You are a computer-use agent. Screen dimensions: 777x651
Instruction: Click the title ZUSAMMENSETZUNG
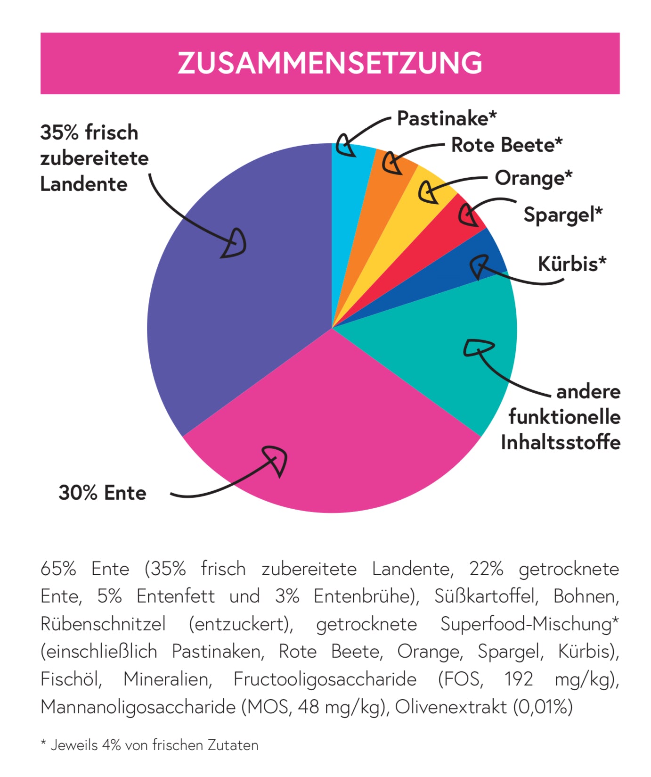click(330, 63)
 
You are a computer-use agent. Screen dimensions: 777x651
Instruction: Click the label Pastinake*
click(447, 118)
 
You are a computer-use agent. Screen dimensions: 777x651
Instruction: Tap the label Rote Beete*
click(507, 145)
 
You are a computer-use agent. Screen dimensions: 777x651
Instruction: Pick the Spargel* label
click(563, 215)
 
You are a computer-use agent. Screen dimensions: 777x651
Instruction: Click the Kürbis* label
click(572, 264)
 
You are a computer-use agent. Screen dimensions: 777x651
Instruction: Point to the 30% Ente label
click(102, 493)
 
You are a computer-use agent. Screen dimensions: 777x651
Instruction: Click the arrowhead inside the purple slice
click(234, 244)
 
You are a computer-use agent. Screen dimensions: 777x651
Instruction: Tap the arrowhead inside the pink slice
click(276, 460)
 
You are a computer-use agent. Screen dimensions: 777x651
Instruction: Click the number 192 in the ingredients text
click(519, 679)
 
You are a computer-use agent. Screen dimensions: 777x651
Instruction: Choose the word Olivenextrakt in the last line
click(451, 707)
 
